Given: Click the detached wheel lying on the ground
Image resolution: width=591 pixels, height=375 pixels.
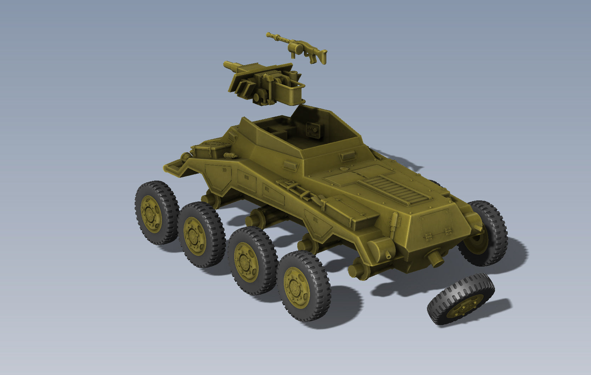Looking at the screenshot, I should tap(461, 299).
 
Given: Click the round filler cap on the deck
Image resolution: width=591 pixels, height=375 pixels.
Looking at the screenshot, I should tap(343, 169).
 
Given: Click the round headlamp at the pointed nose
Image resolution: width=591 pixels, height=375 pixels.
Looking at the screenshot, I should tap(185, 157).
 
